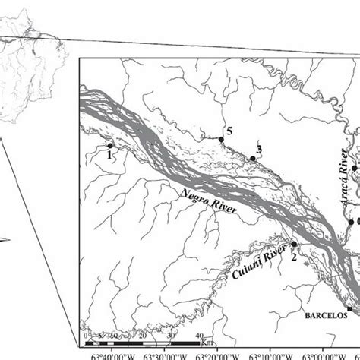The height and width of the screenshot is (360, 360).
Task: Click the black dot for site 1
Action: tap(110, 146)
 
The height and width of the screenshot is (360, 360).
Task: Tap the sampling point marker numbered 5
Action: tap(221, 139)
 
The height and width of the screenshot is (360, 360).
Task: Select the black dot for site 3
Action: tap(252, 158)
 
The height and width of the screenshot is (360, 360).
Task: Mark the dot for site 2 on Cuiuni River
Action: tap(294, 245)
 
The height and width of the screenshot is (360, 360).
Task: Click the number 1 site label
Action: tap(109, 155)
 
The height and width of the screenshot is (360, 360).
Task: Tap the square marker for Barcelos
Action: tap(349, 308)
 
